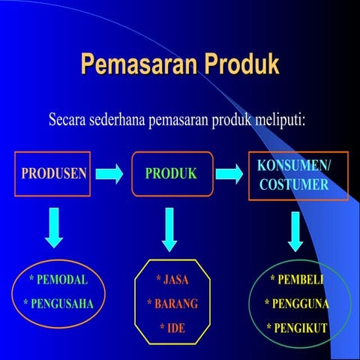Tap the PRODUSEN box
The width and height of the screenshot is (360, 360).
coord(52,174)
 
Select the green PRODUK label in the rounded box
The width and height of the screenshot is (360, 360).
coord(171,174)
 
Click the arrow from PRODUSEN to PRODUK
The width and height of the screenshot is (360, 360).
coord(109,174)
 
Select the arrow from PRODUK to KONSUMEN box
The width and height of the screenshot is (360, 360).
coord(229,174)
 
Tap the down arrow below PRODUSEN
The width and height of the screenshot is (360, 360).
coord(53,226)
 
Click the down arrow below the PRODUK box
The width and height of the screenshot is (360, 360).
coord(169,228)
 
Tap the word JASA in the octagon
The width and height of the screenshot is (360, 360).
coord(175,280)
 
